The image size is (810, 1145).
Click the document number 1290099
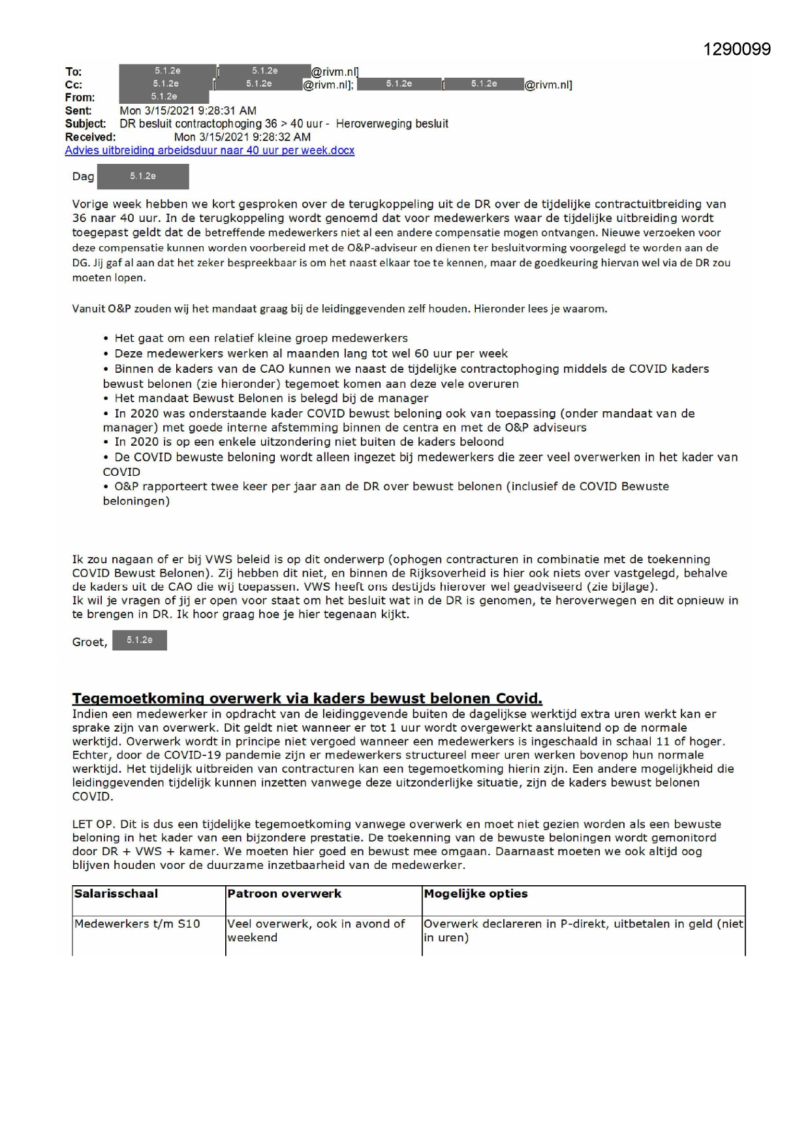click(x=737, y=50)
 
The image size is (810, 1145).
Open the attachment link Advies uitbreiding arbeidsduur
click(x=210, y=150)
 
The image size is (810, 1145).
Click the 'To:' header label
click(x=73, y=72)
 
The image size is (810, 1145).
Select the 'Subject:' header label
click(x=85, y=124)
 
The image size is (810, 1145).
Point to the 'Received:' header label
click(x=90, y=137)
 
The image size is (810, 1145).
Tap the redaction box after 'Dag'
click(x=142, y=176)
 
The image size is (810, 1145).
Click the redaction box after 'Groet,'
click(x=139, y=640)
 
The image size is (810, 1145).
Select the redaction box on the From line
click(x=164, y=97)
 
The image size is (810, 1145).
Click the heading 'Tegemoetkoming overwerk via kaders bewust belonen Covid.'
click(x=307, y=698)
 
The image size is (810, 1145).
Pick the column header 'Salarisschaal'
click(x=116, y=894)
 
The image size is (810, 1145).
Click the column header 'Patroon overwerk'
click(x=284, y=894)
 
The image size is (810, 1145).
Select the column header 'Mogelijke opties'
click(x=476, y=894)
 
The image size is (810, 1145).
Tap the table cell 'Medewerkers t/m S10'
click(x=137, y=924)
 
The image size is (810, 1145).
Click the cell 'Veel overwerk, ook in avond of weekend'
click(x=316, y=930)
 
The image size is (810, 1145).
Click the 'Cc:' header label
click(x=73, y=85)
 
